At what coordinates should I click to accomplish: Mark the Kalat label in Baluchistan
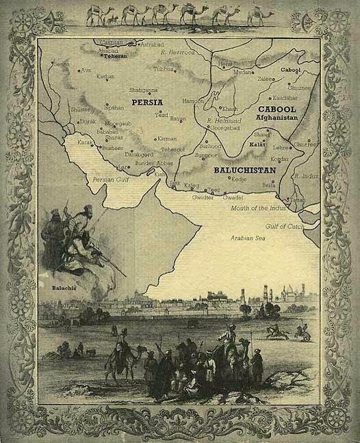[x=257, y=146]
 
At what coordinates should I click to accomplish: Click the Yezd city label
[x=162, y=115]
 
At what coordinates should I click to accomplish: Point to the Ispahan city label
[x=114, y=107]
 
